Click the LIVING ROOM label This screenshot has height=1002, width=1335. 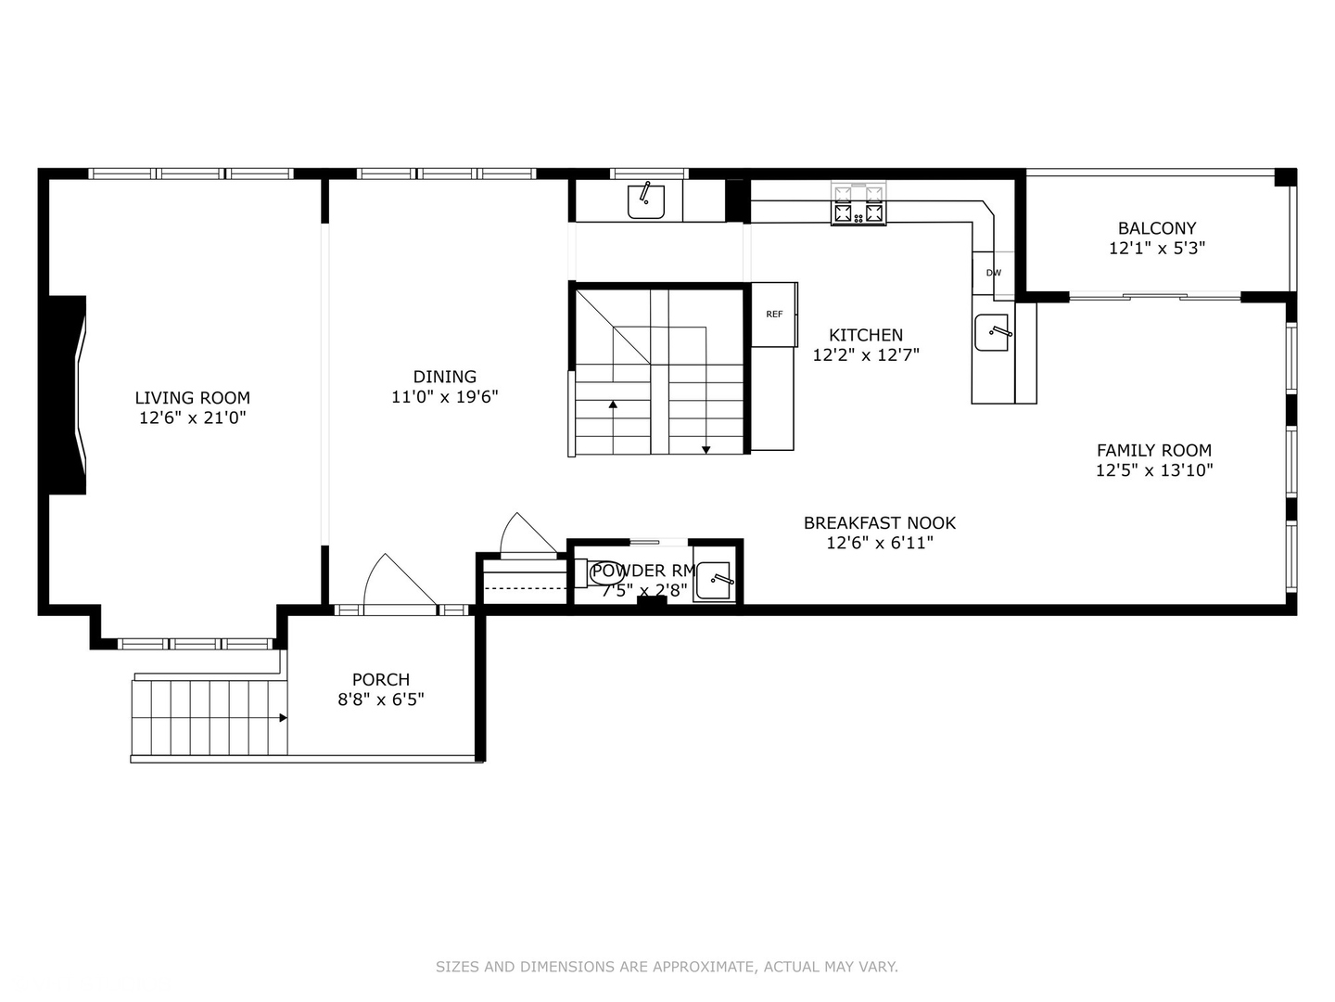[192, 398]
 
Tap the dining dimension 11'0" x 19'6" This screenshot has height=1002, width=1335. [445, 397]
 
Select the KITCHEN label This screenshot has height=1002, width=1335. [865, 335]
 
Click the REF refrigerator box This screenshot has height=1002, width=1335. [774, 315]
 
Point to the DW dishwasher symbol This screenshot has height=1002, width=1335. [993, 273]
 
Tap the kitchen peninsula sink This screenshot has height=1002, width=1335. [992, 333]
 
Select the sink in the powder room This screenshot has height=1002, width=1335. [714, 582]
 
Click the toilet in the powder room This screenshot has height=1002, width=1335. [580, 573]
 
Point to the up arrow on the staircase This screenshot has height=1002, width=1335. [613, 405]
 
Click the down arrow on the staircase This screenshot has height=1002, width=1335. [706, 449]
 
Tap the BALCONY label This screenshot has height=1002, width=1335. [1156, 228]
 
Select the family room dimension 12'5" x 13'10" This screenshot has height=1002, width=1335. [1154, 470]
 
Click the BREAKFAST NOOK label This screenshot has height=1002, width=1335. [879, 523]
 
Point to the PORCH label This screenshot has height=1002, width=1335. [380, 680]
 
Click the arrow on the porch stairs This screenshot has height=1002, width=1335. [281, 717]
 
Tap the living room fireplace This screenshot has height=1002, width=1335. [68, 395]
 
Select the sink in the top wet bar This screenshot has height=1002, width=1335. [645, 200]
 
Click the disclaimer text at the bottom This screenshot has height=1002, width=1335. [667, 967]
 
